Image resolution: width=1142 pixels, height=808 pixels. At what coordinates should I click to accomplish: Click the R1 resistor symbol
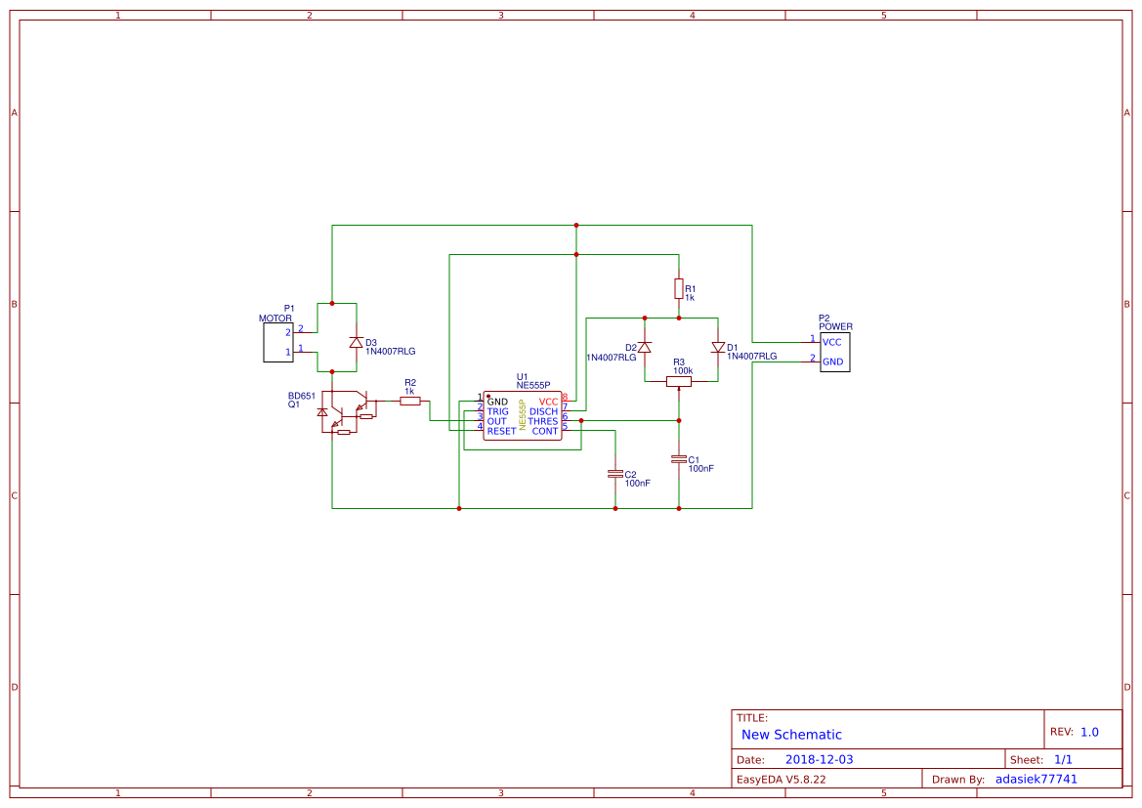(679, 288)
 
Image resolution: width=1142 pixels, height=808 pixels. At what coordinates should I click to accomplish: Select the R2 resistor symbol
(410, 401)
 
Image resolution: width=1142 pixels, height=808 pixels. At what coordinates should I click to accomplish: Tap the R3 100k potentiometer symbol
(679, 381)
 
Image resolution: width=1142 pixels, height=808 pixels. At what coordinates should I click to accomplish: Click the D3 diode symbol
(357, 343)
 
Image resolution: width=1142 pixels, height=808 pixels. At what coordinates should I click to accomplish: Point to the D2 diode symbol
(645, 348)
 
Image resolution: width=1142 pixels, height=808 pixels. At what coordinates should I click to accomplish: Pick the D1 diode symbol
(718, 348)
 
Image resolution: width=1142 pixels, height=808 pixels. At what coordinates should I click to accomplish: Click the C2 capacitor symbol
(615, 473)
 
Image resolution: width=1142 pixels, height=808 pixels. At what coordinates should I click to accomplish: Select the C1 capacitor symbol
(679, 458)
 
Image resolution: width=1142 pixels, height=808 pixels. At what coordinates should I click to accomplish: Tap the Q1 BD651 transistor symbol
(346, 411)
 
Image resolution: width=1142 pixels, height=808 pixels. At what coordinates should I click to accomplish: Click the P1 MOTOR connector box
(278, 342)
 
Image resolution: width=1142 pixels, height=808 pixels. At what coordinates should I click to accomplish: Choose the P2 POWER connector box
(835, 352)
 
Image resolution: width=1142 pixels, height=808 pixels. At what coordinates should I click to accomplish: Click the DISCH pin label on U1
(543, 411)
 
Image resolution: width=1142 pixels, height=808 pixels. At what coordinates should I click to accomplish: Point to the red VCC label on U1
(548, 402)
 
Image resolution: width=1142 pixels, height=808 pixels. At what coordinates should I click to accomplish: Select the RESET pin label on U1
(501, 431)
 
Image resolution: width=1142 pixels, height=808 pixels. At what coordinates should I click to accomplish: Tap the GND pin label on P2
(832, 361)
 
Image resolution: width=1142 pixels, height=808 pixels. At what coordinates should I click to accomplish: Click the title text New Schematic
(791, 735)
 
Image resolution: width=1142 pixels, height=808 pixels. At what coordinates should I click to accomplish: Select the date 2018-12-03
(819, 759)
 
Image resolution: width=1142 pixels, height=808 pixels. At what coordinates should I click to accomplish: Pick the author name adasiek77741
(1036, 779)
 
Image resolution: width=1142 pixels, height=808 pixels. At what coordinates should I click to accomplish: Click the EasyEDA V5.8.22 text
(781, 779)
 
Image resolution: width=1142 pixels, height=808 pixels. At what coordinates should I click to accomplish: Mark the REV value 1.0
(1089, 732)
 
